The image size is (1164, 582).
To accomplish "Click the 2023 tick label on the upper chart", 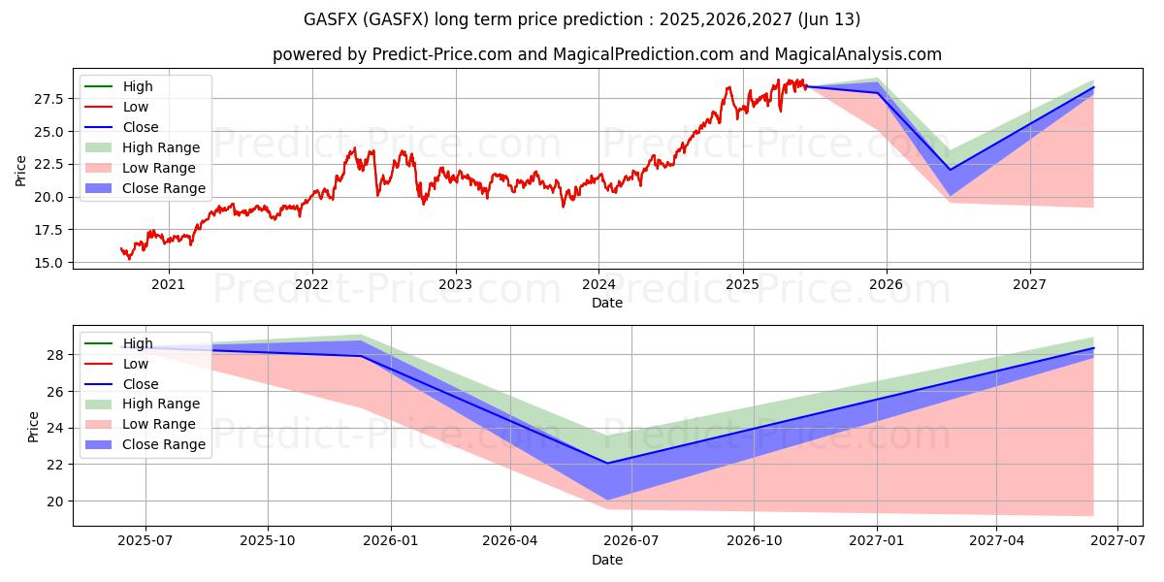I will click(x=455, y=285).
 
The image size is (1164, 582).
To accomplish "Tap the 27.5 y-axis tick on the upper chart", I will click(x=49, y=99).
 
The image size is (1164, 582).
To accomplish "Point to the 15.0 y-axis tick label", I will click(x=49, y=263).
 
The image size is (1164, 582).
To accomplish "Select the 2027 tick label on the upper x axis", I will click(x=1029, y=285).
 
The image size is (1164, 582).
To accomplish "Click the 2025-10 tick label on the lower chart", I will click(x=268, y=541).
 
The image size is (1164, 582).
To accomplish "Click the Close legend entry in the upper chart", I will click(x=141, y=127).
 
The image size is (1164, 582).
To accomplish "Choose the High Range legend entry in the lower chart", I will click(x=161, y=404).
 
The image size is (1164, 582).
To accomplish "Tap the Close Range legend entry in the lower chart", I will click(x=163, y=444).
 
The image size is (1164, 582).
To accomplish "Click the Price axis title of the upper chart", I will click(x=21, y=170).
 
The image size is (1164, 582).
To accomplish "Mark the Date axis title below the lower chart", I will click(x=607, y=560).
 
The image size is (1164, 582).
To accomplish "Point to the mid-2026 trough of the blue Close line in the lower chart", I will click(x=608, y=463).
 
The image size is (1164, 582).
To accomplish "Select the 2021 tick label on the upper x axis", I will click(x=169, y=285).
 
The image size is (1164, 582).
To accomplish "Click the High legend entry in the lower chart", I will click(x=138, y=343).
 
